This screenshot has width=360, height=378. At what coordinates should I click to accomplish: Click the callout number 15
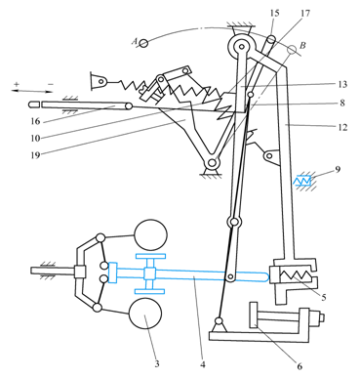274,14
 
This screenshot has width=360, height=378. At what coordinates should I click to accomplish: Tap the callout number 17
305,14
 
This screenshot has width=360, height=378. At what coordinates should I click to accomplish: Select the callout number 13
342,84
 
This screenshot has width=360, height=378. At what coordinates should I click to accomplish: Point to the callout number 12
342,127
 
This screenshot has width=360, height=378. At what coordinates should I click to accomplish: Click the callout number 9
338,169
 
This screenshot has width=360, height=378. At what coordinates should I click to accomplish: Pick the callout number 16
35,121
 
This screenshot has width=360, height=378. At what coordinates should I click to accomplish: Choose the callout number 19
35,155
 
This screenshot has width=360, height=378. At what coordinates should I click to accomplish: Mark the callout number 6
300,366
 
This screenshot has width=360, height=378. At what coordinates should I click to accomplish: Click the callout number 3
157,363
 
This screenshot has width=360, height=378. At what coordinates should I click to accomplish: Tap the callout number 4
203,364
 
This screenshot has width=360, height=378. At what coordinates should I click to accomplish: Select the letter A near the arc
135,41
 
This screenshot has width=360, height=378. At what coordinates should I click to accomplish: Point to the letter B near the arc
302,45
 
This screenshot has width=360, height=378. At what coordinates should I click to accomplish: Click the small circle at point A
143,43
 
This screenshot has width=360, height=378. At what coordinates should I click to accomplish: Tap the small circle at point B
292,49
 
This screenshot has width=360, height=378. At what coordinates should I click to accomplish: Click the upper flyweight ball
150,235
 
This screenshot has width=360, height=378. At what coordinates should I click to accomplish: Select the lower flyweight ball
145,314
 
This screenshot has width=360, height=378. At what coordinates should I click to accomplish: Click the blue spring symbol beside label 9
302,181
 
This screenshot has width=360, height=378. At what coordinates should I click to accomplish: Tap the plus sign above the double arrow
17,84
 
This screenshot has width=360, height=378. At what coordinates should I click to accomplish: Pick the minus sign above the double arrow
51,84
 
